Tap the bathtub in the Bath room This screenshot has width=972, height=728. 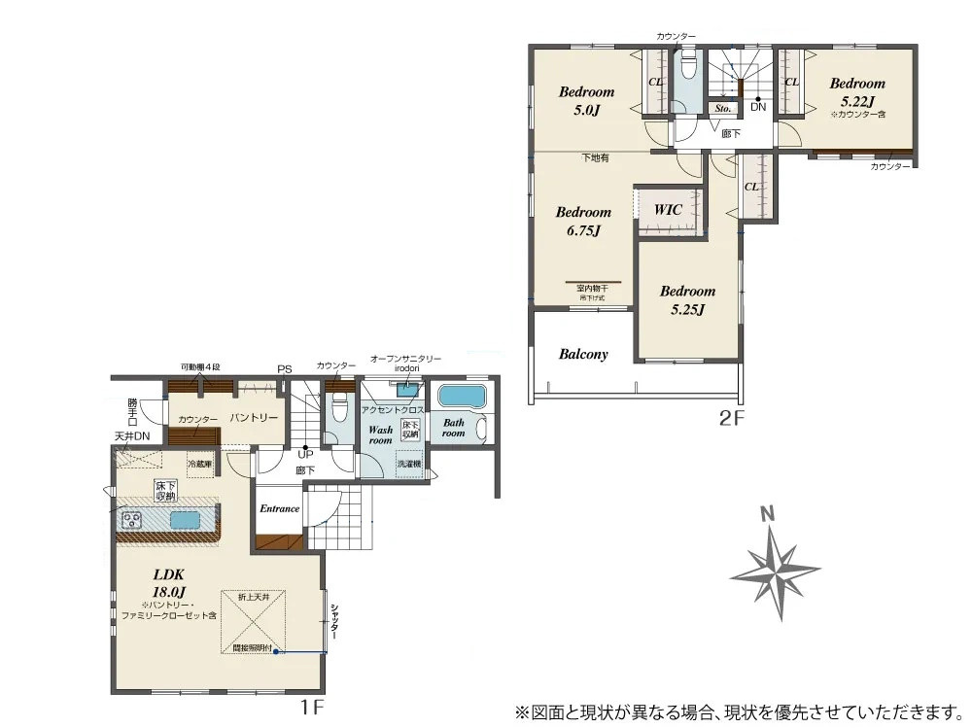(x=461, y=398)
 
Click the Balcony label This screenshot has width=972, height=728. (x=583, y=354)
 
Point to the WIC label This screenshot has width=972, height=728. (x=667, y=209)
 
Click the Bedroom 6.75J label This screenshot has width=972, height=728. (x=583, y=221)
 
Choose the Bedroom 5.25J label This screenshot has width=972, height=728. (x=687, y=299)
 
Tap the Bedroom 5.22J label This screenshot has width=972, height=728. (x=856, y=91)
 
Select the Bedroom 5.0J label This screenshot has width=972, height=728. (x=586, y=100)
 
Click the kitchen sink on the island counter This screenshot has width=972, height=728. (x=185, y=520)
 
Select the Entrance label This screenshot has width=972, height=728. (x=279, y=508)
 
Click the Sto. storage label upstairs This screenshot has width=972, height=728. (x=722, y=109)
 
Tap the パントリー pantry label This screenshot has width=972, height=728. (x=254, y=418)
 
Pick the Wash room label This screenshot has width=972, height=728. (x=379, y=433)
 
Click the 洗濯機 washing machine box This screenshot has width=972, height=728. (x=409, y=465)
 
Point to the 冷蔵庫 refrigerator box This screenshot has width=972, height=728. (x=200, y=465)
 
